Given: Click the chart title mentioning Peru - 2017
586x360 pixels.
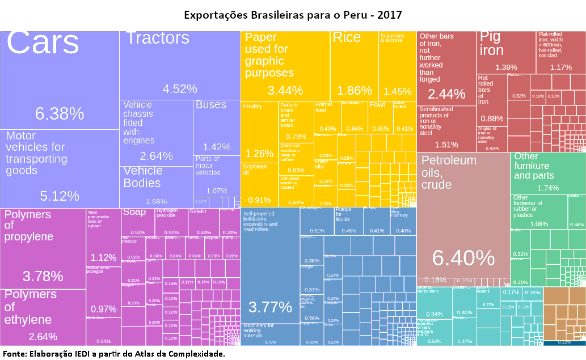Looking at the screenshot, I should point(293,14).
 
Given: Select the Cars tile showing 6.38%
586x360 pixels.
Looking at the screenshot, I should point(60,79).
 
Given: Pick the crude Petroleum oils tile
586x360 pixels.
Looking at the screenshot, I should point(463,215).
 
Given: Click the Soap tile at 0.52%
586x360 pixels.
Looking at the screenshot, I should point(137,222).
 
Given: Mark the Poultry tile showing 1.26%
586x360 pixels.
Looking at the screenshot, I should point(259,133).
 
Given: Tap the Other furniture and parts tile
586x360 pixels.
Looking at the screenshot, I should point(547,173).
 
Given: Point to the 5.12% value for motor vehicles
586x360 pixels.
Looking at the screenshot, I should point(60,196).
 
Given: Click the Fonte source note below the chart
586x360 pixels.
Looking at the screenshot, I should point(113,354).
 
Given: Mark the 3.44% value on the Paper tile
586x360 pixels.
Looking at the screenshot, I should point(285,90).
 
